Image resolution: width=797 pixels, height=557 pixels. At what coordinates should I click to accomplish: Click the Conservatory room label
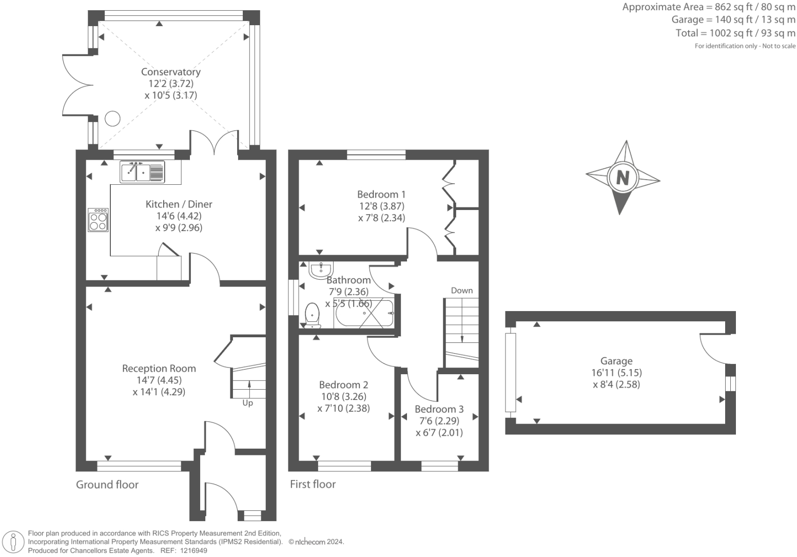171,72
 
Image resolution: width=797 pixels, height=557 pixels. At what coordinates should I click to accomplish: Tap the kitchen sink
142,172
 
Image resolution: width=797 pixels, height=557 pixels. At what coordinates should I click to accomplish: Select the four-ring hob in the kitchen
98,220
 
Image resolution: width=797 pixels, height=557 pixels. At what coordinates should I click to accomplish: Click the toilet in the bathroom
313,315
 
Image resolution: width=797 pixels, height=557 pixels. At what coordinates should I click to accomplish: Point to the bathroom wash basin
321,270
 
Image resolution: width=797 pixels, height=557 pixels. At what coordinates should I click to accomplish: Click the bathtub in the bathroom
364,313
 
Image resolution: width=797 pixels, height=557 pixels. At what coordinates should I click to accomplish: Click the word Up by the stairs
248,403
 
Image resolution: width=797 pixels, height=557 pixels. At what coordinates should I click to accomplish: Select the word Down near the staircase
462,291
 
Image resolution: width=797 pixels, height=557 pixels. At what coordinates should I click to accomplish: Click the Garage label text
616,361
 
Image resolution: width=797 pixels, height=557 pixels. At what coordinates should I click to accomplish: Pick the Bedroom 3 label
439,409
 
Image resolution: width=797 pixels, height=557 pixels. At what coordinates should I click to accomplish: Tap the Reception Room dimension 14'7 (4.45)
159,380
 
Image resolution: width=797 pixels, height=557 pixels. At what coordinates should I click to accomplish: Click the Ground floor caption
107,485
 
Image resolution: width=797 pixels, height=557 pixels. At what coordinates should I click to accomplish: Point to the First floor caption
313,484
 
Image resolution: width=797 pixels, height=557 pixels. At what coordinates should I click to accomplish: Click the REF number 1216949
193,551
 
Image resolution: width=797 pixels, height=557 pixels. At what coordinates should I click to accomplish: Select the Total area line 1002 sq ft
735,33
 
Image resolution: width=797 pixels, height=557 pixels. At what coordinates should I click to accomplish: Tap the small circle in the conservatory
112,119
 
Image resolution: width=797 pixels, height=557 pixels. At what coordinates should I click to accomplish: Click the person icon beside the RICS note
13,543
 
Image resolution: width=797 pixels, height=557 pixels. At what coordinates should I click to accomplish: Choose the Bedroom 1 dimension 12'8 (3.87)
382,206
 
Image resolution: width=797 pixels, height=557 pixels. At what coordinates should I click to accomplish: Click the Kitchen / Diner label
179,204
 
